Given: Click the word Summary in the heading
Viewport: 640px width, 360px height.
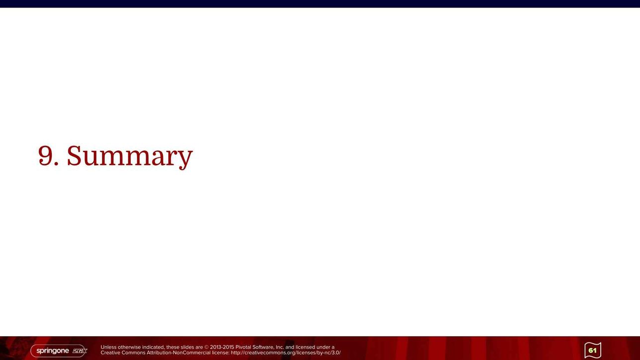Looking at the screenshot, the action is pos(130,156).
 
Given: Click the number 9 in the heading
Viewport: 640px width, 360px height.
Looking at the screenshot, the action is pos(45,155).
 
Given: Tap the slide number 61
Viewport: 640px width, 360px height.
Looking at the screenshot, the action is pos(593,350).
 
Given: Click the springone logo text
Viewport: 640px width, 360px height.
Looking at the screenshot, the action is pos(53,351).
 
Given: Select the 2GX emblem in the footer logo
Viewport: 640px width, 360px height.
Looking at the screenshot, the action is pos(80,351).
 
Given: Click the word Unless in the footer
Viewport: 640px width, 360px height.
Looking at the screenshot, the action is pos(108,347).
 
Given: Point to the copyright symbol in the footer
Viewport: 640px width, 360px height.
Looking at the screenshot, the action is pos(207,347).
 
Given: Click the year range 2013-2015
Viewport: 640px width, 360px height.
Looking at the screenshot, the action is pos(222,347).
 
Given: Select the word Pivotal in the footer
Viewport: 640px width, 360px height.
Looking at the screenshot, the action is pos(243,347).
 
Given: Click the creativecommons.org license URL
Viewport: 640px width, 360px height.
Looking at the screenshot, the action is pos(286,353).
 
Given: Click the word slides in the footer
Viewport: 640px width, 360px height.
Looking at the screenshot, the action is pos(187,347).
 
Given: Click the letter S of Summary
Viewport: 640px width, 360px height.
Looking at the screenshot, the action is pos(74,155).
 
